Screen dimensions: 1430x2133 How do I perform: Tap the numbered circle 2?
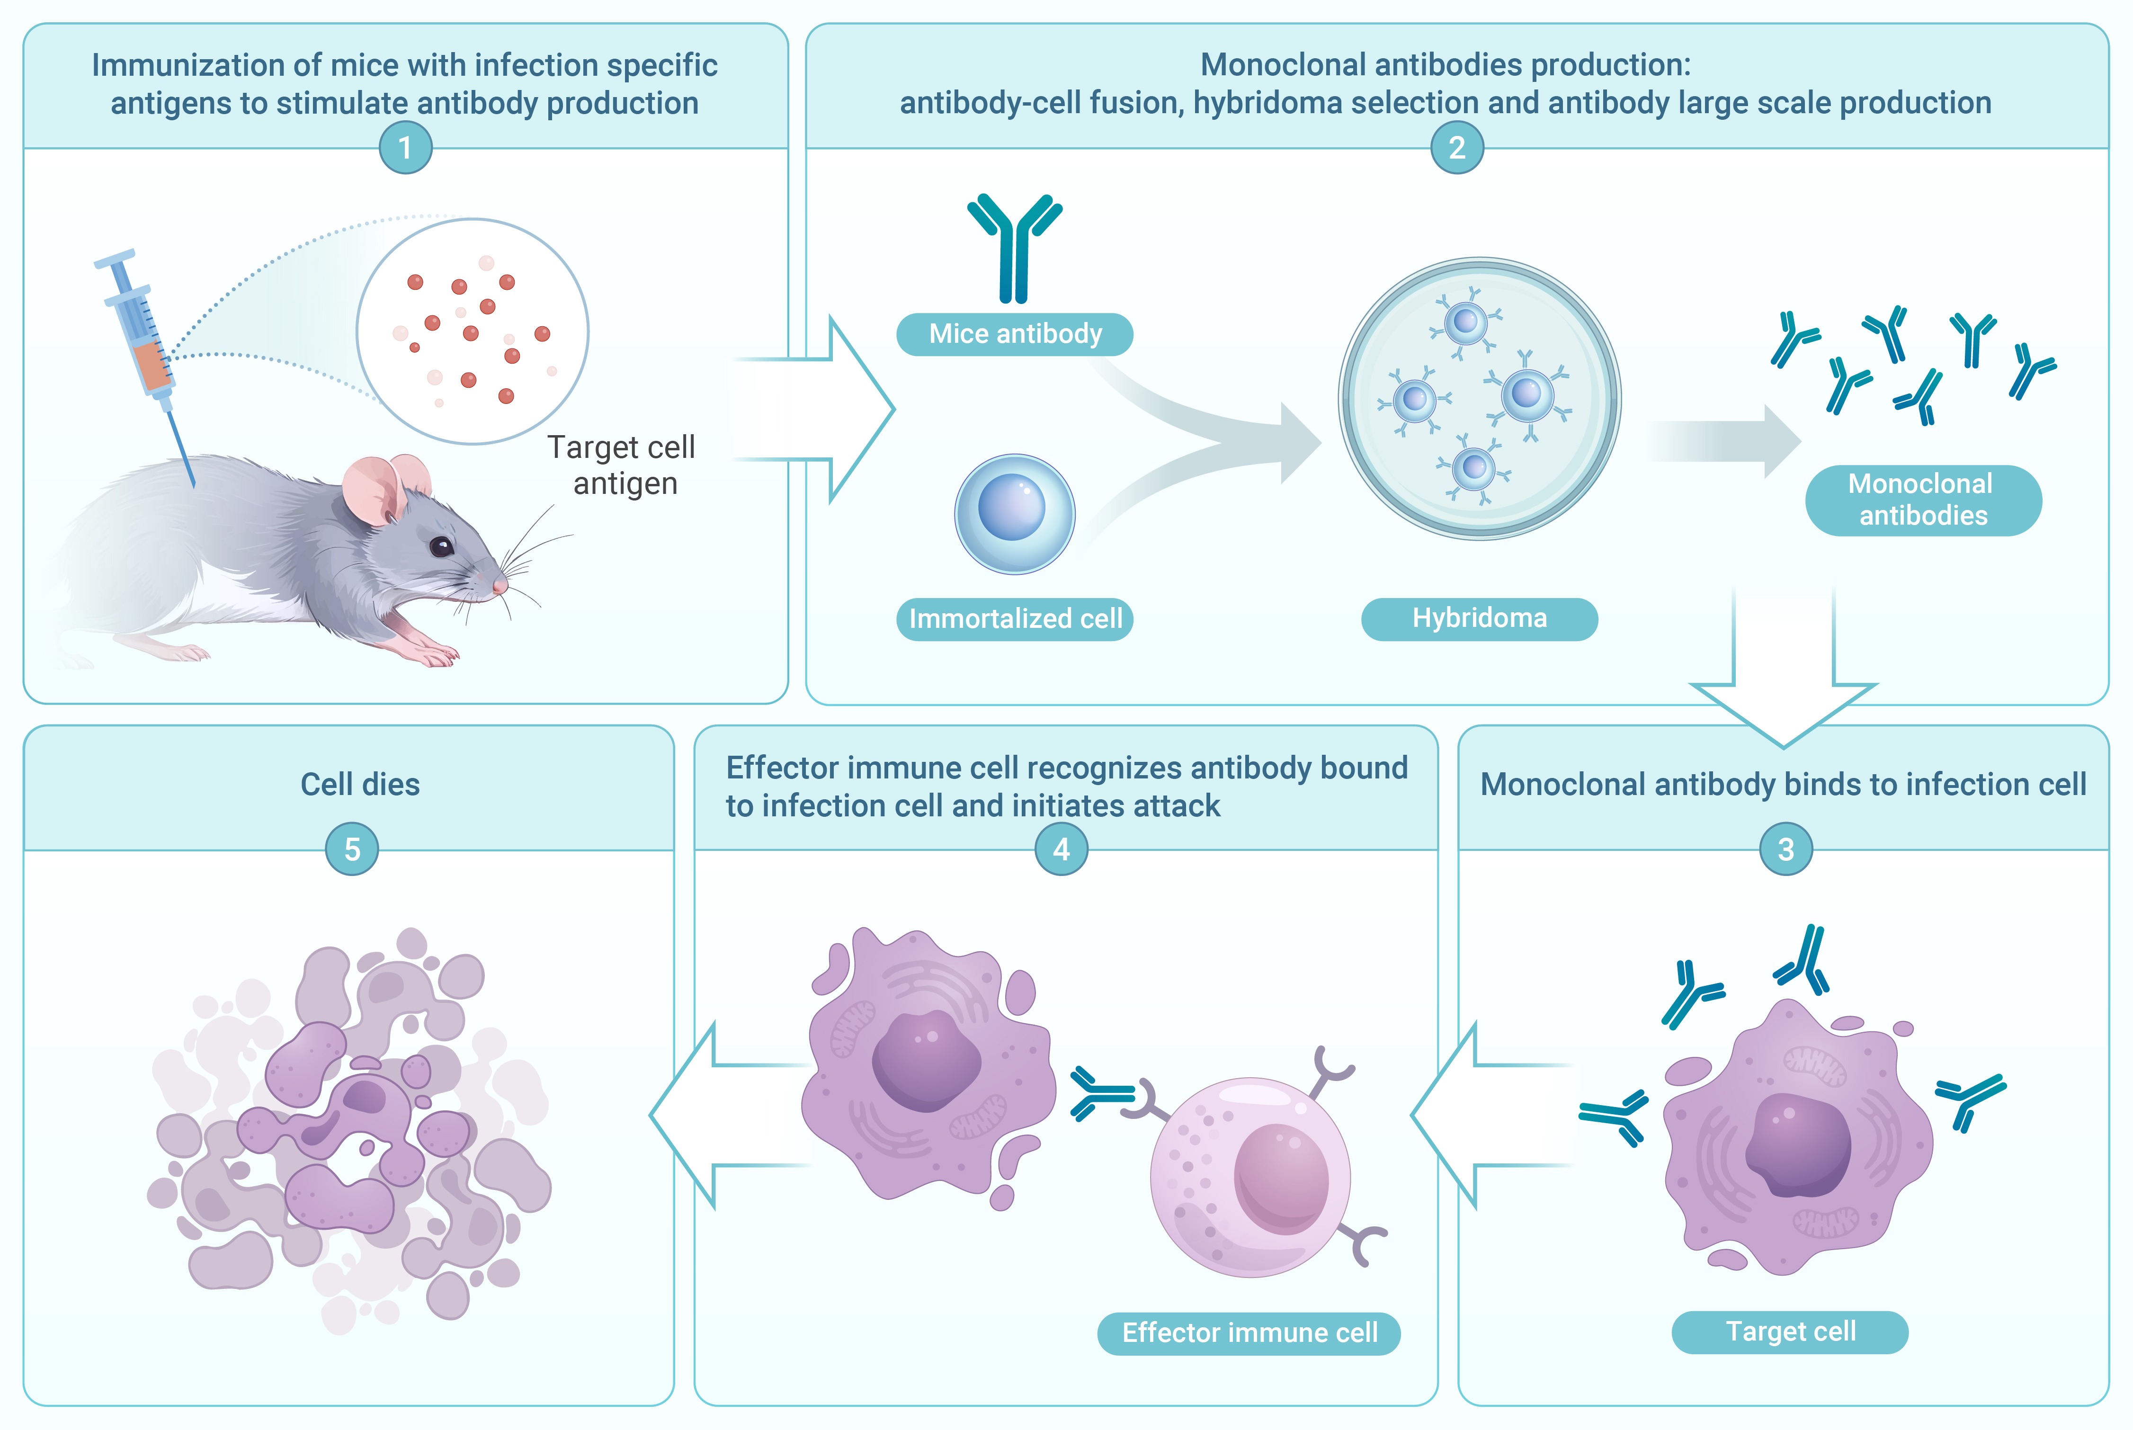[x=1456, y=148]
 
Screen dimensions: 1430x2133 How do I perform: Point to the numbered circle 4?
[x=1061, y=849]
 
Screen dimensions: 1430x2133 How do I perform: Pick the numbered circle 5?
[x=352, y=849]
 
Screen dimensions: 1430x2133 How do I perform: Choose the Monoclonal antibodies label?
[x=1922, y=500]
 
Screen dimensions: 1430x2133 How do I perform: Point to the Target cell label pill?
[x=1789, y=1332]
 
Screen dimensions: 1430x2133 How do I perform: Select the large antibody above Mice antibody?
[x=1014, y=246]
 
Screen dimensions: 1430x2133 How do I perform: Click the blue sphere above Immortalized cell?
[x=1014, y=513]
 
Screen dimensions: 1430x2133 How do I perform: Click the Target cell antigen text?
[x=623, y=465]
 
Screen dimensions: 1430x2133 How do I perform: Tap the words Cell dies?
[x=360, y=784]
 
